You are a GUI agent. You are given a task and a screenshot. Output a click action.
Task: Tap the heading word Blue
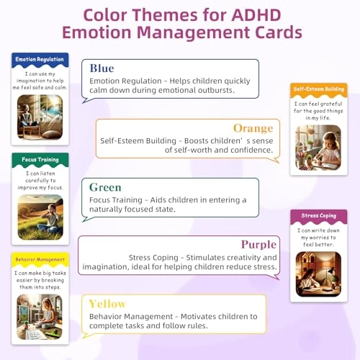click(102, 68)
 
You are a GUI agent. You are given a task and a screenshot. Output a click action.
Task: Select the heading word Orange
click(253, 128)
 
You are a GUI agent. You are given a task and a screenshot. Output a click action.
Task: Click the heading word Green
click(105, 187)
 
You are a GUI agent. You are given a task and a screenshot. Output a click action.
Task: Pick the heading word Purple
click(258, 245)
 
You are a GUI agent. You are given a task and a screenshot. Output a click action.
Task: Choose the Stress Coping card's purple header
click(319, 216)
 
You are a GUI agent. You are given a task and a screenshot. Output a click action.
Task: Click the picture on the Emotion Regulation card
click(40, 117)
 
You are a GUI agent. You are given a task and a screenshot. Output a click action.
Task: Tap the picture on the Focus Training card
click(40, 217)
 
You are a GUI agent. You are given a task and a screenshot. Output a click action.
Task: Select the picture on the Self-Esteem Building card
click(319, 148)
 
